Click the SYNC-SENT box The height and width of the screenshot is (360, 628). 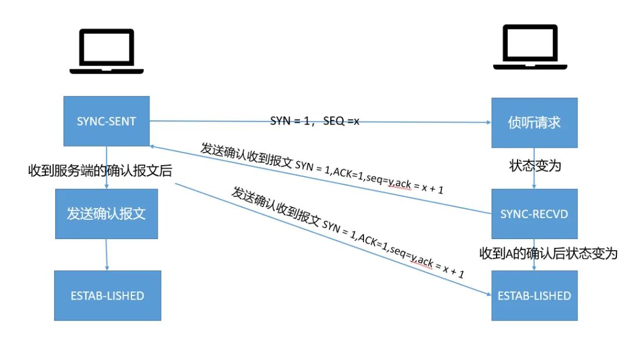(x=106, y=121)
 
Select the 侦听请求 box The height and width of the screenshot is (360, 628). (x=534, y=123)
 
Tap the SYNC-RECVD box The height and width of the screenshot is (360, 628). (x=534, y=213)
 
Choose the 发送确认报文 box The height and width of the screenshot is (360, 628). (x=106, y=213)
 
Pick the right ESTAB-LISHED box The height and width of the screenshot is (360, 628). (x=534, y=295)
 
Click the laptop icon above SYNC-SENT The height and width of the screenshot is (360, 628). (x=106, y=52)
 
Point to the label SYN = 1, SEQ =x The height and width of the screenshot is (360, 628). (x=315, y=120)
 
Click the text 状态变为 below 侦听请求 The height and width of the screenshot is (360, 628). (x=534, y=166)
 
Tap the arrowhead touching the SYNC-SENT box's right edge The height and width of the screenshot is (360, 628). (x=153, y=147)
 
